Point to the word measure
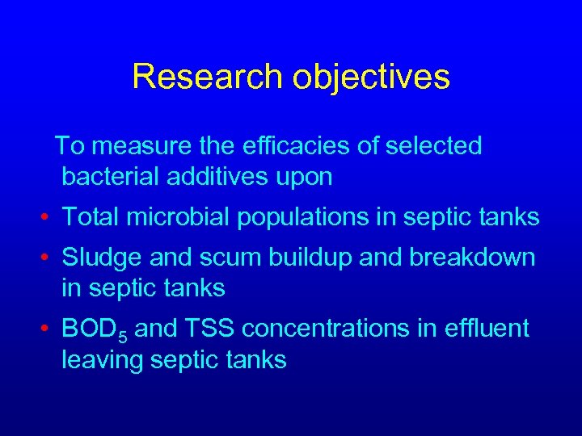pyautogui.click(x=139, y=146)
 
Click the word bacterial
pyautogui.click(x=114, y=177)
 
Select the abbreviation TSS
pyautogui.click(x=213, y=329)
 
